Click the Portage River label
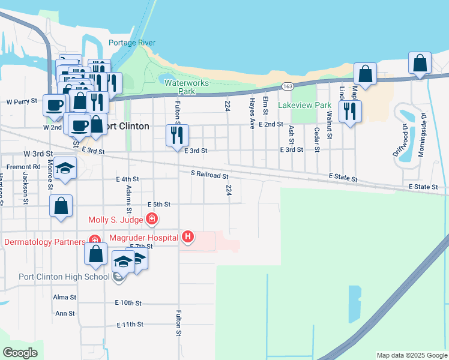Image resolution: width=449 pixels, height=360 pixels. [132, 43]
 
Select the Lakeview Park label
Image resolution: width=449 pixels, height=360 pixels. [305, 105]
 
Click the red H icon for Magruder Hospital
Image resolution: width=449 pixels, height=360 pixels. [188, 237]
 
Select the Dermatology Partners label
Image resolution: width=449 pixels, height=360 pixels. [44, 242]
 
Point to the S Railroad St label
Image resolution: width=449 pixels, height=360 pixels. [209, 175]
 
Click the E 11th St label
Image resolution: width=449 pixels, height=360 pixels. [130, 324]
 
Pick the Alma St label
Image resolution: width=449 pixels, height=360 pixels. [64, 297]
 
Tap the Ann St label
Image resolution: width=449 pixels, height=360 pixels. [65, 313]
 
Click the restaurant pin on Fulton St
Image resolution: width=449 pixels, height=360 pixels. [177, 136]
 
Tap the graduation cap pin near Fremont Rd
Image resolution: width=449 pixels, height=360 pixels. [65, 169]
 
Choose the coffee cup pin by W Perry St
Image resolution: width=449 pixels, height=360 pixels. [55, 104]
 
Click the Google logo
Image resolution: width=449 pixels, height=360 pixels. [20, 353]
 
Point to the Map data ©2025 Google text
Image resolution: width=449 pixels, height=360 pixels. [411, 355]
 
